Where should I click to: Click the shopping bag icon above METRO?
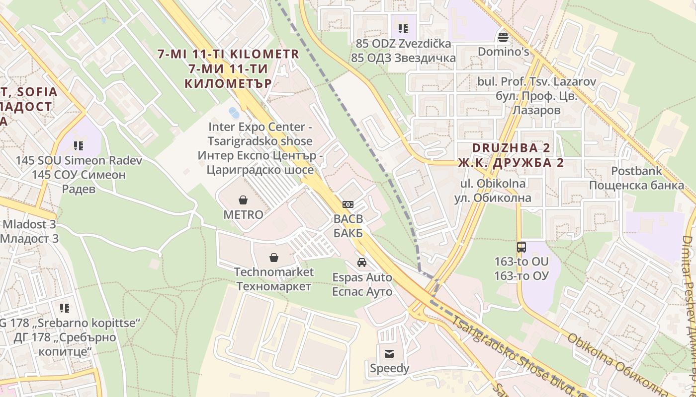(243, 200)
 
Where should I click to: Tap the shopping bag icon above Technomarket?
(273, 257)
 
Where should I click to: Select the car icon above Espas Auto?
(362, 262)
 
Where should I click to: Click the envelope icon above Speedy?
(389, 353)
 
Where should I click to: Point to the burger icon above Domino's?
(503, 37)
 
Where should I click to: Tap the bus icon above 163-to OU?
(521, 247)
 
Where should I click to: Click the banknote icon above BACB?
(348, 204)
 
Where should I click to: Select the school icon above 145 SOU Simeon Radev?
(79, 145)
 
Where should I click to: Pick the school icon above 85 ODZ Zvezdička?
(403, 29)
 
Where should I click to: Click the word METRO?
(243, 215)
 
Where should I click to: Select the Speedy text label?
(389, 368)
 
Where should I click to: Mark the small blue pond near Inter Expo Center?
(234, 113)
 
